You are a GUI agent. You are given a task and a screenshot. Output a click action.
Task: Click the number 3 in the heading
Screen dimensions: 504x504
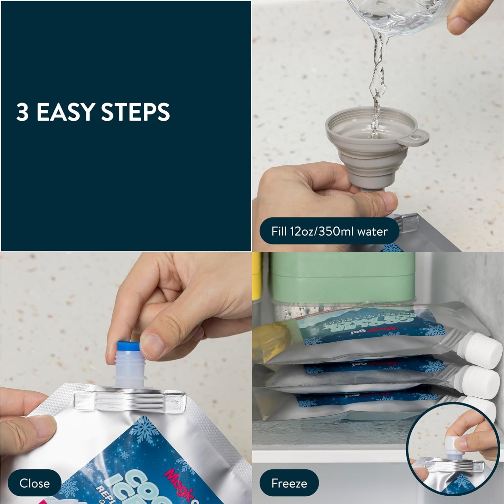[x=22, y=112]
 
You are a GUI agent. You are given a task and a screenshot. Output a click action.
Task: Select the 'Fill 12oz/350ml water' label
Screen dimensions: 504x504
[x=329, y=231]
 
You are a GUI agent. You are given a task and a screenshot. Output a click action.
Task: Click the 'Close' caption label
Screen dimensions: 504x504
[x=34, y=483]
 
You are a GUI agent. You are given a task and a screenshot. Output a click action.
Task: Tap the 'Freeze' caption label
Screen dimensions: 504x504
[x=289, y=483]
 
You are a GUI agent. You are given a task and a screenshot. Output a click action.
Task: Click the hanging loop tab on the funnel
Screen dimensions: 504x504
[x=418, y=138]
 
